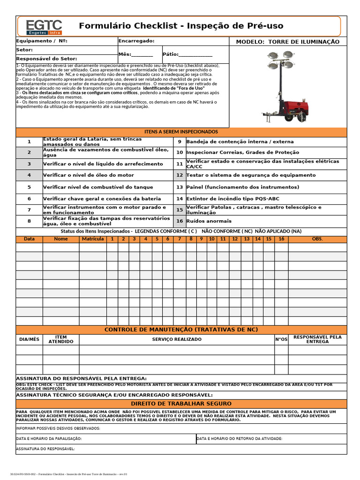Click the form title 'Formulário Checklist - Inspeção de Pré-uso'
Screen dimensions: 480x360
181,26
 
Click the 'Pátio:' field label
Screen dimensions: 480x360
171,54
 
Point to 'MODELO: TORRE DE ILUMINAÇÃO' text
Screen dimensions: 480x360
287,42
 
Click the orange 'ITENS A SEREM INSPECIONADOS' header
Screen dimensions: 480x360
181,132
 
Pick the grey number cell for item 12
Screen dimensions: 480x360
180,175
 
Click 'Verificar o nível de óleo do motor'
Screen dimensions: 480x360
88,175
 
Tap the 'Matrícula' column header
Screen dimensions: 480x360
93,239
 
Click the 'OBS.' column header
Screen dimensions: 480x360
317,239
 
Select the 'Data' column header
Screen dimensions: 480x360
29,239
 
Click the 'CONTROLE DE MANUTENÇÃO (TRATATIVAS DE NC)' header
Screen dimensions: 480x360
181,330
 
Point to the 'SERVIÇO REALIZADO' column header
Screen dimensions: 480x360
177,339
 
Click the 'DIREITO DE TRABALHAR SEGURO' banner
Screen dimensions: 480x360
181,404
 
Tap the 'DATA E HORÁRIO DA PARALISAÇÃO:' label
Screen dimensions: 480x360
49,439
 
